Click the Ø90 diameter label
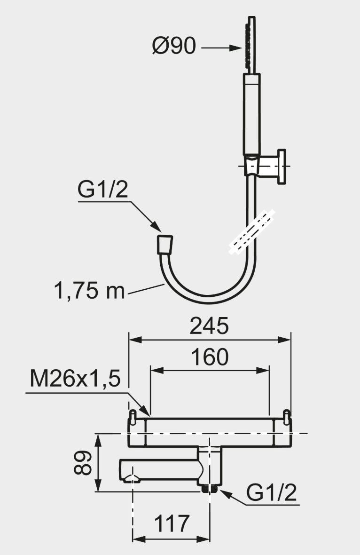click(x=173, y=46)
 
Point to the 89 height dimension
click(x=83, y=463)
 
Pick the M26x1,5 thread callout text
click(x=75, y=378)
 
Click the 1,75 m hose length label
click(x=89, y=291)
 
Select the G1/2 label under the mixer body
click(x=272, y=492)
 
